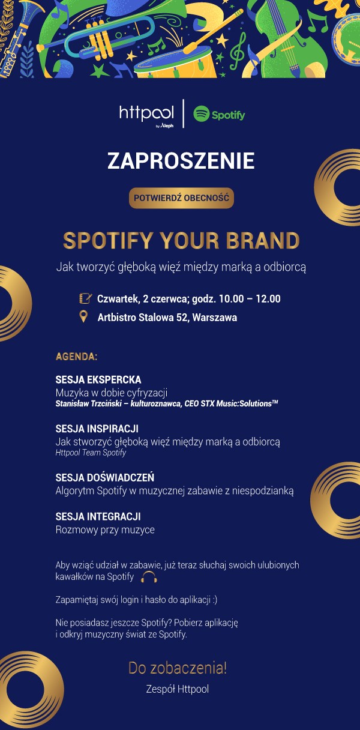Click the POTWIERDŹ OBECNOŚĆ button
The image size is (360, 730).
click(181, 198)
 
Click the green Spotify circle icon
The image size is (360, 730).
click(202, 113)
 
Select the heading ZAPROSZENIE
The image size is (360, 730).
click(181, 161)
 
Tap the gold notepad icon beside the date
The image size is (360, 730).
click(85, 298)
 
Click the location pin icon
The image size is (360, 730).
click(84, 316)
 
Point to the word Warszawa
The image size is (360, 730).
click(215, 318)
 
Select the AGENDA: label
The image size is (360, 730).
click(77, 357)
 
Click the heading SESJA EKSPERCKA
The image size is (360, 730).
click(98, 379)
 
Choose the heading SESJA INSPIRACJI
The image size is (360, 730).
click(97, 429)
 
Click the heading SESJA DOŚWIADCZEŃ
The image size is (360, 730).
click(105, 477)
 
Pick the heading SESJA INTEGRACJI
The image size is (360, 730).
click(98, 516)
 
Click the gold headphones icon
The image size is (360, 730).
click(149, 577)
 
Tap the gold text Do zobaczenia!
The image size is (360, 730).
click(178, 668)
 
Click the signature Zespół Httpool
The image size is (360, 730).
click(178, 689)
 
